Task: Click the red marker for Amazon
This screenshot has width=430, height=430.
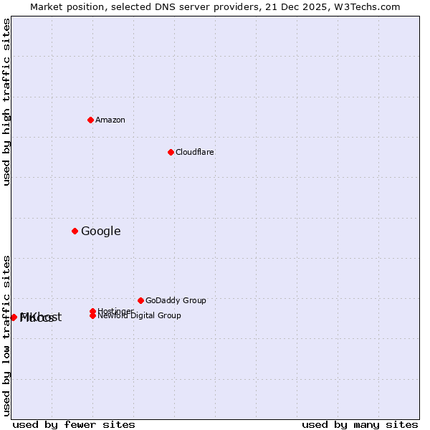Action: (91, 120)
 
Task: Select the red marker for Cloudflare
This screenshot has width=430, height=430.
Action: (171, 152)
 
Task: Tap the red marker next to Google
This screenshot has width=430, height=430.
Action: (75, 231)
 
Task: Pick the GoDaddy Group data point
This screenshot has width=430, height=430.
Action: (140, 300)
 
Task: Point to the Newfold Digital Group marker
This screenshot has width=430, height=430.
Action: (93, 316)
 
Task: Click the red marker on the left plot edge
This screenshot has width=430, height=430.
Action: (14, 317)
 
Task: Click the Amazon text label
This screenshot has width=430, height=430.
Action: (110, 120)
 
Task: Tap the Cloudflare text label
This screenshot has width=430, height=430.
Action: (194, 152)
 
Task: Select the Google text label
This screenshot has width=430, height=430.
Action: (100, 231)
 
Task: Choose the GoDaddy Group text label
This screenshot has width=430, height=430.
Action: (176, 300)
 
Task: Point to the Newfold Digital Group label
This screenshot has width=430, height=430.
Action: (139, 315)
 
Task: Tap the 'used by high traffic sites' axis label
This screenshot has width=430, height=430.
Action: (6, 102)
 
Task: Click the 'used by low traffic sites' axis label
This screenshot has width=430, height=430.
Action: (6, 335)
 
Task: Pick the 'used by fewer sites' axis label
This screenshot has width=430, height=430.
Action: (74, 424)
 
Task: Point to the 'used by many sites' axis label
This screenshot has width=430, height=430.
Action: (360, 424)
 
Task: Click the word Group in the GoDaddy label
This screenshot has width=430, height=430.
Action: (193, 300)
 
